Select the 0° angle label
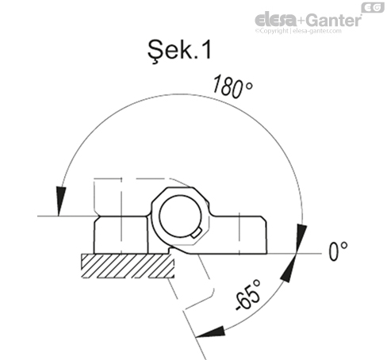point(338,251)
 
